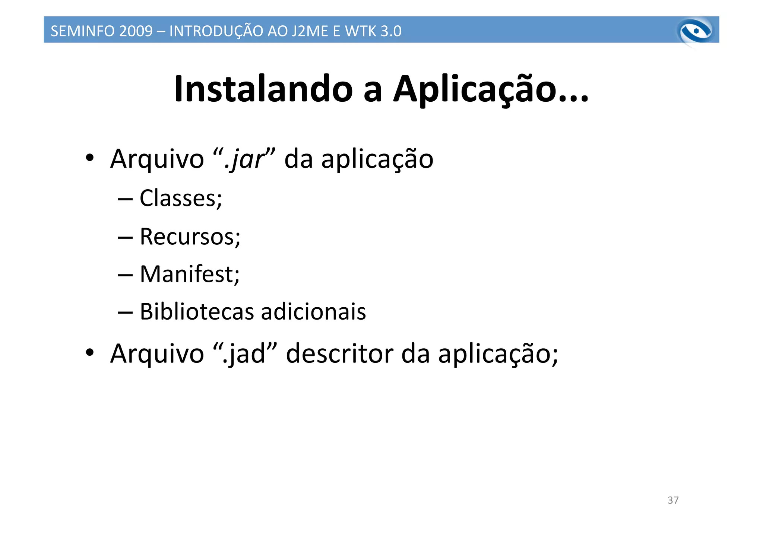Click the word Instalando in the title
[263, 89]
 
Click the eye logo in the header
[695, 31]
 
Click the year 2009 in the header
[136, 31]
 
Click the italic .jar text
[244, 159]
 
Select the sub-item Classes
[180, 198]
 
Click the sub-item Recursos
[190, 237]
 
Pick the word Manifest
[189, 274]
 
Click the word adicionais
[313, 311]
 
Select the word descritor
[339, 353]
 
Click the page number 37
[673, 500]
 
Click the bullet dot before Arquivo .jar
[89, 158]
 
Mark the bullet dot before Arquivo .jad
[89, 352]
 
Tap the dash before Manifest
[125, 275]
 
